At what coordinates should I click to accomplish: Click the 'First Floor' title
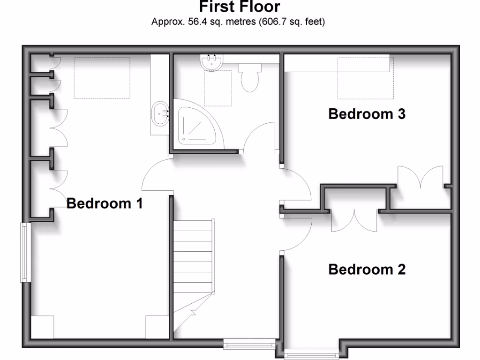[240, 7]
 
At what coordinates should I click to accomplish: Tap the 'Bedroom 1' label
[105, 203]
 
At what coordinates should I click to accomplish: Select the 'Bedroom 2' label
[367, 270]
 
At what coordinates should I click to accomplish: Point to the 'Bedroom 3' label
[367, 114]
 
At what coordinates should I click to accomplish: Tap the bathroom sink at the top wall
[212, 63]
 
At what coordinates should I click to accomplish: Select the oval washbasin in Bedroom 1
[160, 113]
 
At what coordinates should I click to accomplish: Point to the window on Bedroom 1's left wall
[25, 252]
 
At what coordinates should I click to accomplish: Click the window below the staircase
[248, 345]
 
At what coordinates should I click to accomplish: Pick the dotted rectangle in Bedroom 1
[102, 78]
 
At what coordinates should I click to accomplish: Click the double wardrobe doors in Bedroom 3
[420, 178]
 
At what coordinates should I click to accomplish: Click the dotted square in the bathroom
[218, 88]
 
